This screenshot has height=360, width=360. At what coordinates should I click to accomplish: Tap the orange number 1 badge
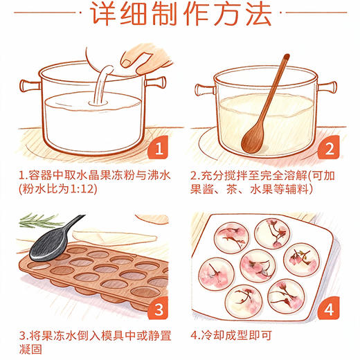(x=158, y=149)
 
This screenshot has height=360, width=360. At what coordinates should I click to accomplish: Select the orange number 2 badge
(x=330, y=149)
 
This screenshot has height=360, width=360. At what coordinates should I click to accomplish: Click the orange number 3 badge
(x=158, y=309)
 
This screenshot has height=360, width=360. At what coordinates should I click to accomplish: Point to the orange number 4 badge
(x=330, y=309)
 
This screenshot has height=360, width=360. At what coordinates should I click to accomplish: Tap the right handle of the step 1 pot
(x=159, y=82)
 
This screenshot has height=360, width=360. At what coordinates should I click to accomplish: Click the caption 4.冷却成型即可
(x=232, y=337)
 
